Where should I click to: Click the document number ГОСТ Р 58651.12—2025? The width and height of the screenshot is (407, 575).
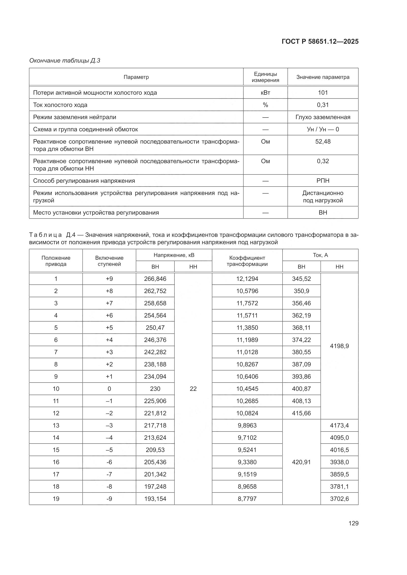coord(320,42)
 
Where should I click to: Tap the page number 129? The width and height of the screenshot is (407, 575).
coord(353,523)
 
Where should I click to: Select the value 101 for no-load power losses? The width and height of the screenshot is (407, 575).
coord(323,93)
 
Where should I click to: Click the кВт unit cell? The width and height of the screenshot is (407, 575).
coord(265,93)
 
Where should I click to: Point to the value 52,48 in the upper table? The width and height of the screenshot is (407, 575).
coord(323,141)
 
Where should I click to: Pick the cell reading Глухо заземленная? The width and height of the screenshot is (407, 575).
coord(323,117)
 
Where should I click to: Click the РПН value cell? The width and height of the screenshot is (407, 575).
coord(323,181)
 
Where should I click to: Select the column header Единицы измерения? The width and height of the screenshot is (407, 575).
coord(265,77)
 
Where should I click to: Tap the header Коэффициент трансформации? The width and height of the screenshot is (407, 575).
coord(247,261)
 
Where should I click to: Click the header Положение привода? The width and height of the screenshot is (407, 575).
coord(56,261)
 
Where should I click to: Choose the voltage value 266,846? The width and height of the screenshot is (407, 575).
coord(155,279)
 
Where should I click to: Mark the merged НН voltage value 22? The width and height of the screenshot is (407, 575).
coord(193,389)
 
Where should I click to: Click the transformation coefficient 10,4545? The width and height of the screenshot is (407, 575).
coord(247,389)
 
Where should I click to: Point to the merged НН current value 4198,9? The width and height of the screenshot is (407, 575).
coord(339,346)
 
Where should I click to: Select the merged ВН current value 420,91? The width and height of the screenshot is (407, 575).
coord(301,462)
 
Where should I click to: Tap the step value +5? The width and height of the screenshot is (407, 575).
coord(109,328)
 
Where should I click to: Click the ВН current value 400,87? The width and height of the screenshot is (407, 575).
coord(301,389)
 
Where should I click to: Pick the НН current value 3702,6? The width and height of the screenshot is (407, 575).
coord(339,499)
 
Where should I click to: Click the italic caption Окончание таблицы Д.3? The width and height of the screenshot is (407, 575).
coord(65,61)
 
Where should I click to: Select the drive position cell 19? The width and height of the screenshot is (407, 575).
coord(56,499)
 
